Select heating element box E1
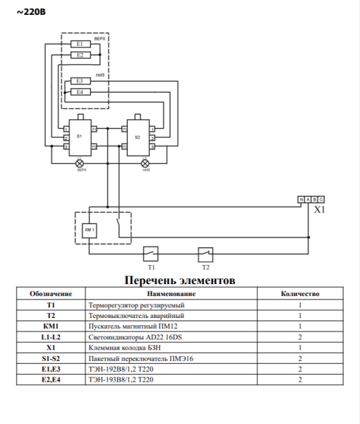(79, 45)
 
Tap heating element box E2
(79, 54)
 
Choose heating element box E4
(79, 92)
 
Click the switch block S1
(79, 136)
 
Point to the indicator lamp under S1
(79, 163)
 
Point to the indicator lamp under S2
(145, 163)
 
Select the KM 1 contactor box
(89, 230)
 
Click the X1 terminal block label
(319, 210)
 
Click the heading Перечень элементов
(179, 281)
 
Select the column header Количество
(300, 293)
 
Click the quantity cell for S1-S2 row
(300, 359)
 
